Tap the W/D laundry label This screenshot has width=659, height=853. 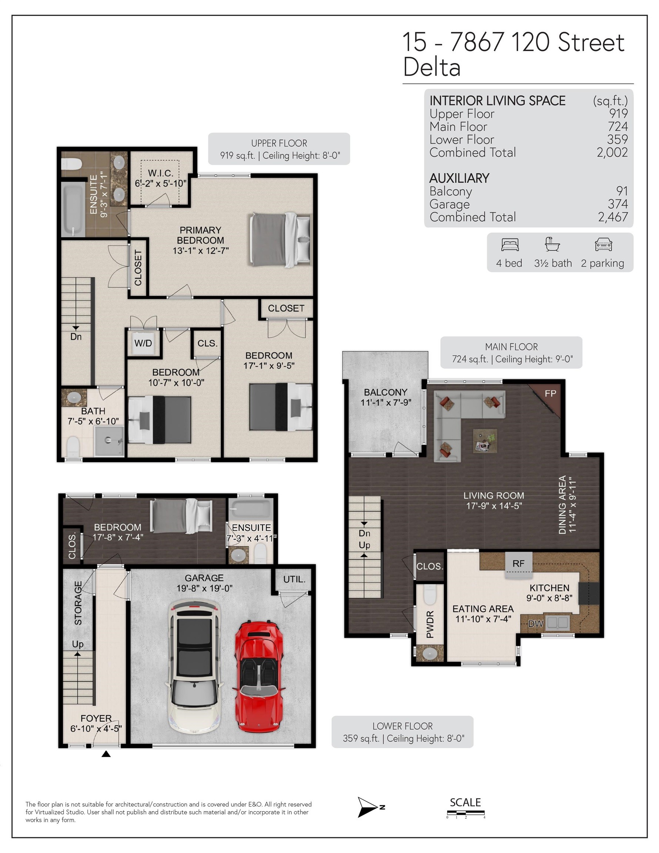tap(143, 343)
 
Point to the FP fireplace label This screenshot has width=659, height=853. tap(550, 394)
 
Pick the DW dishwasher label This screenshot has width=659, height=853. tap(536, 624)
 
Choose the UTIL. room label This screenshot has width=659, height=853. tap(294, 579)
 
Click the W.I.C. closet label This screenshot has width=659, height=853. tap(161, 173)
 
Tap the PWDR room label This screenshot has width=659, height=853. tap(430, 625)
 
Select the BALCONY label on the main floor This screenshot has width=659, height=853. tap(385, 392)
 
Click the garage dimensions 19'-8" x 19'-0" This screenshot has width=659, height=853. tap(204, 588)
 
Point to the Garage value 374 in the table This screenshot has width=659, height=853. tap(618, 204)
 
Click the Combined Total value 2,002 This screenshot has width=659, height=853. tap(612, 152)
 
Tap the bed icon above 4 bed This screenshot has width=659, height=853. tap(510, 244)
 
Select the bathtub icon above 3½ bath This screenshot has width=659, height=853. tap(552, 244)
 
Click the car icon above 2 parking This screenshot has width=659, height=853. tap(603, 244)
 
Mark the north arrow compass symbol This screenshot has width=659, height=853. tap(368, 807)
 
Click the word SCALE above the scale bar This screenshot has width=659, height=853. tap(465, 802)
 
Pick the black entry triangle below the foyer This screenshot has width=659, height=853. tap(106, 754)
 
